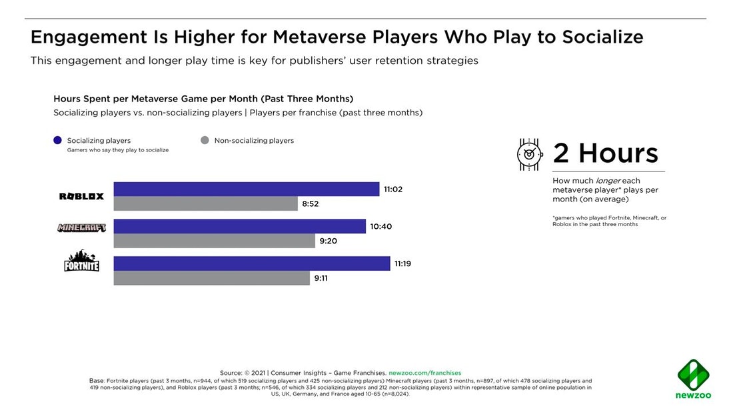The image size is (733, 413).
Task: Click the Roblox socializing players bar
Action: click(x=247, y=189)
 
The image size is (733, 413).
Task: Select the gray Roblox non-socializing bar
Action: click(x=205, y=204)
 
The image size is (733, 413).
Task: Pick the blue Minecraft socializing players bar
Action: click(x=240, y=226)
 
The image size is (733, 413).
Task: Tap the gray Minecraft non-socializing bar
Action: click(x=214, y=241)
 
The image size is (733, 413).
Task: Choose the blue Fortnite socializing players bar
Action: click(x=252, y=264)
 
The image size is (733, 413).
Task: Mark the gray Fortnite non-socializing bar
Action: click(x=212, y=278)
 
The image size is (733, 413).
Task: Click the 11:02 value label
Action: click(x=393, y=189)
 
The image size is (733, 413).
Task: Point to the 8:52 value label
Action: click(x=311, y=204)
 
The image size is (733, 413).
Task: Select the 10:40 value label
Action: click(x=380, y=227)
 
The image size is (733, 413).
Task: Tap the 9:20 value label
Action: click(x=328, y=242)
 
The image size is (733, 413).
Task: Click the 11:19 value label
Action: click(x=403, y=264)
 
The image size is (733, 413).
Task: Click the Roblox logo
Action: click(x=81, y=196)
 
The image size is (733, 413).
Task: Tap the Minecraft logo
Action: click(x=81, y=228)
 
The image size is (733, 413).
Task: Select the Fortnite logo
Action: click(x=81, y=261)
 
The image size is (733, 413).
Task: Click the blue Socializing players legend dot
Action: click(x=57, y=141)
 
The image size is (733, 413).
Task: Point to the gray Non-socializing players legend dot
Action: click(x=205, y=141)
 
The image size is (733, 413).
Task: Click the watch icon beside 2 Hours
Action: click(x=530, y=154)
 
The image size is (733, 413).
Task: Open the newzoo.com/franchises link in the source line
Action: click(x=424, y=373)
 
